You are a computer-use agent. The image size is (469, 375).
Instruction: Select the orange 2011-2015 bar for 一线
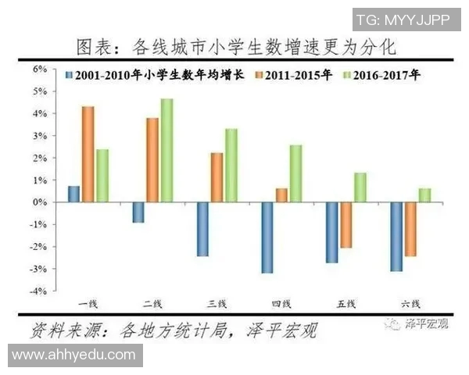[88, 154]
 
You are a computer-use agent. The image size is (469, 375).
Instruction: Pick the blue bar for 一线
[73, 194]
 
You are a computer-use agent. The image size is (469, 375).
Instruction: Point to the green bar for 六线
[424, 195]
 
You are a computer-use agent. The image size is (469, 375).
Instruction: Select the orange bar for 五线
[345, 225]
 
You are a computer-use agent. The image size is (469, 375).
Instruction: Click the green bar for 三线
[231, 165]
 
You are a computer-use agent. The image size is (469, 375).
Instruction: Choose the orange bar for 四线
[281, 195]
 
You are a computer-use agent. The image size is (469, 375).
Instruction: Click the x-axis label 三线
[217, 303]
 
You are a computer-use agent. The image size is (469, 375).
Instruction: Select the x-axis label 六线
[410, 303]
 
